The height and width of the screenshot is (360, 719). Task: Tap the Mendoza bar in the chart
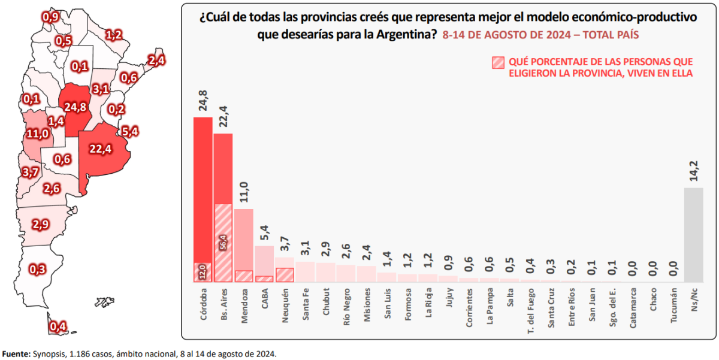coord(243,240)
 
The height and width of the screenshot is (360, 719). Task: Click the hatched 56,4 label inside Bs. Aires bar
coord(223,242)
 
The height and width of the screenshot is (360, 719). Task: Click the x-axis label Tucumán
coord(673,307)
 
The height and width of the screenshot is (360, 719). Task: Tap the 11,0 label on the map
coord(37,134)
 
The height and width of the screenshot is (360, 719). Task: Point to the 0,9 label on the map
coord(50,17)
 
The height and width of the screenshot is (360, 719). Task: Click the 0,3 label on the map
coord(37,270)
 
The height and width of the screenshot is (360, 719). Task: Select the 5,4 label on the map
coord(130,131)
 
